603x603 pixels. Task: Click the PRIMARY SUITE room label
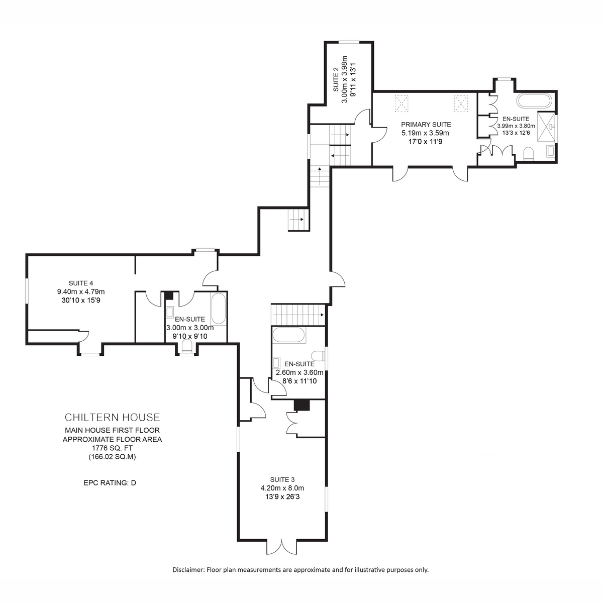pyautogui.click(x=426, y=125)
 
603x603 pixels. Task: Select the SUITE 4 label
pyautogui.click(x=81, y=283)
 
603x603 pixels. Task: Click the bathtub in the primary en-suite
pyautogui.click(x=534, y=101)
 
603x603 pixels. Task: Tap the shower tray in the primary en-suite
pyautogui.click(x=546, y=127)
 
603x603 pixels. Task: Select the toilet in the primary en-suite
pyautogui.click(x=528, y=154)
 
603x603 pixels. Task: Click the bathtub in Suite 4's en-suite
pyautogui.click(x=218, y=308)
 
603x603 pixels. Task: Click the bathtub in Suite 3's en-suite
pyautogui.click(x=288, y=335)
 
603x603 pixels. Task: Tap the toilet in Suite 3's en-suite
pyautogui.click(x=318, y=356)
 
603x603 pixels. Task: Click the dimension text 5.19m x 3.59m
pyautogui.click(x=425, y=133)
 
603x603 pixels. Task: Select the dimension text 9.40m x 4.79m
pyautogui.click(x=81, y=291)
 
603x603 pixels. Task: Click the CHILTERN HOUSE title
pyautogui.click(x=113, y=417)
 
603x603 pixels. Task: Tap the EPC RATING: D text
pyautogui.click(x=110, y=482)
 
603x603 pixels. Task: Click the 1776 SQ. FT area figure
pyautogui.click(x=113, y=448)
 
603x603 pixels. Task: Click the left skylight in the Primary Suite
pyautogui.click(x=401, y=104)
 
